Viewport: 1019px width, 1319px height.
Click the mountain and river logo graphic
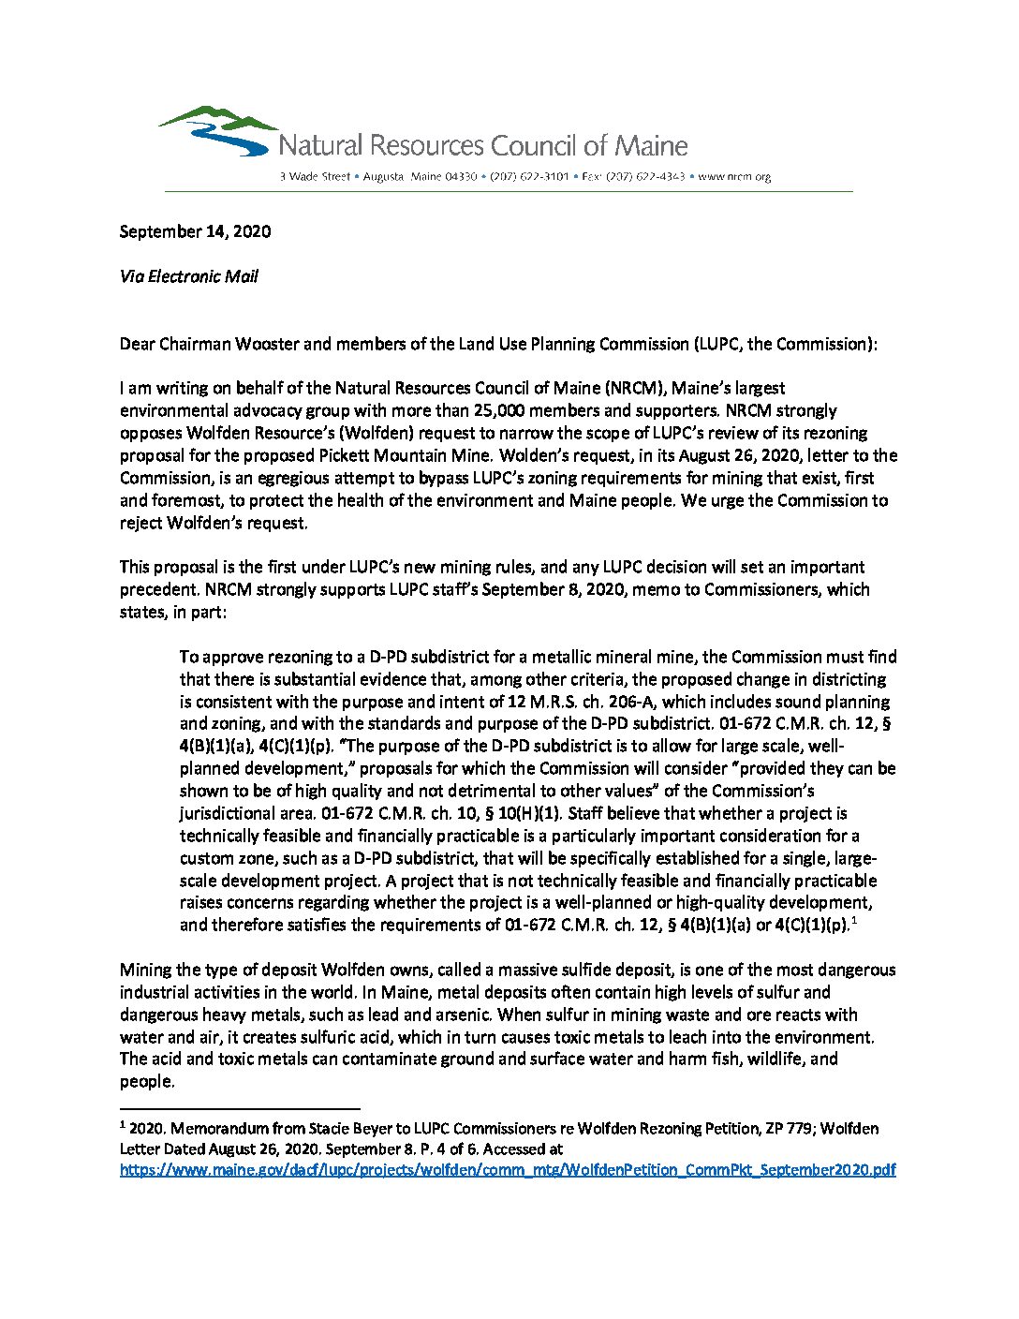(x=218, y=130)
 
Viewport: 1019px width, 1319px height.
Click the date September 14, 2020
(x=195, y=231)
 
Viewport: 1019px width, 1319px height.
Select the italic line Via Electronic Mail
(x=188, y=276)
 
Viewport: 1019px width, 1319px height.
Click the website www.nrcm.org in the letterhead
(x=734, y=176)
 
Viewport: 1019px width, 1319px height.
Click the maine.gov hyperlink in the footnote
(x=508, y=1170)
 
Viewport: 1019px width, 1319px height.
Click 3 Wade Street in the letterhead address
(x=315, y=176)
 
